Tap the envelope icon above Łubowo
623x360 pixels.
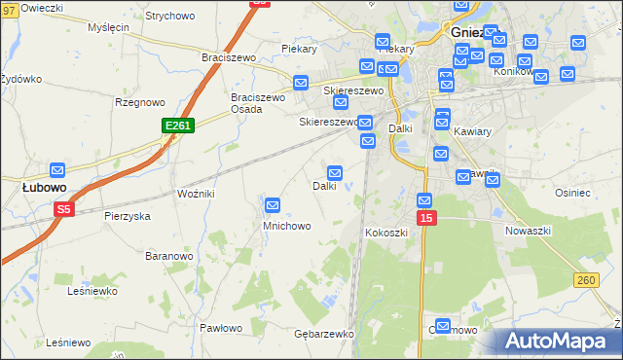point(57,170)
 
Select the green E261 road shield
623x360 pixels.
point(178,126)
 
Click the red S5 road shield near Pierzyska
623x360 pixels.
point(64,209)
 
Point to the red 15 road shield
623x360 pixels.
point(425,219)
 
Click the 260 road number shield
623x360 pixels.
point(585,281)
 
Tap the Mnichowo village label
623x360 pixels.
point(286,226)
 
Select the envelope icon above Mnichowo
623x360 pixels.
point(274,205)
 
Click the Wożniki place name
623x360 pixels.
point(196,195)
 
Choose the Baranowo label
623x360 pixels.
point(168,256)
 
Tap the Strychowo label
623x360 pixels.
point(169,16)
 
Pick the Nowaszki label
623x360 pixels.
point(529,231)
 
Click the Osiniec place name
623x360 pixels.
point(572,193)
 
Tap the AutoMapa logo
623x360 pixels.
point(559,342)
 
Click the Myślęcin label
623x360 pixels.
point(108,27)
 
